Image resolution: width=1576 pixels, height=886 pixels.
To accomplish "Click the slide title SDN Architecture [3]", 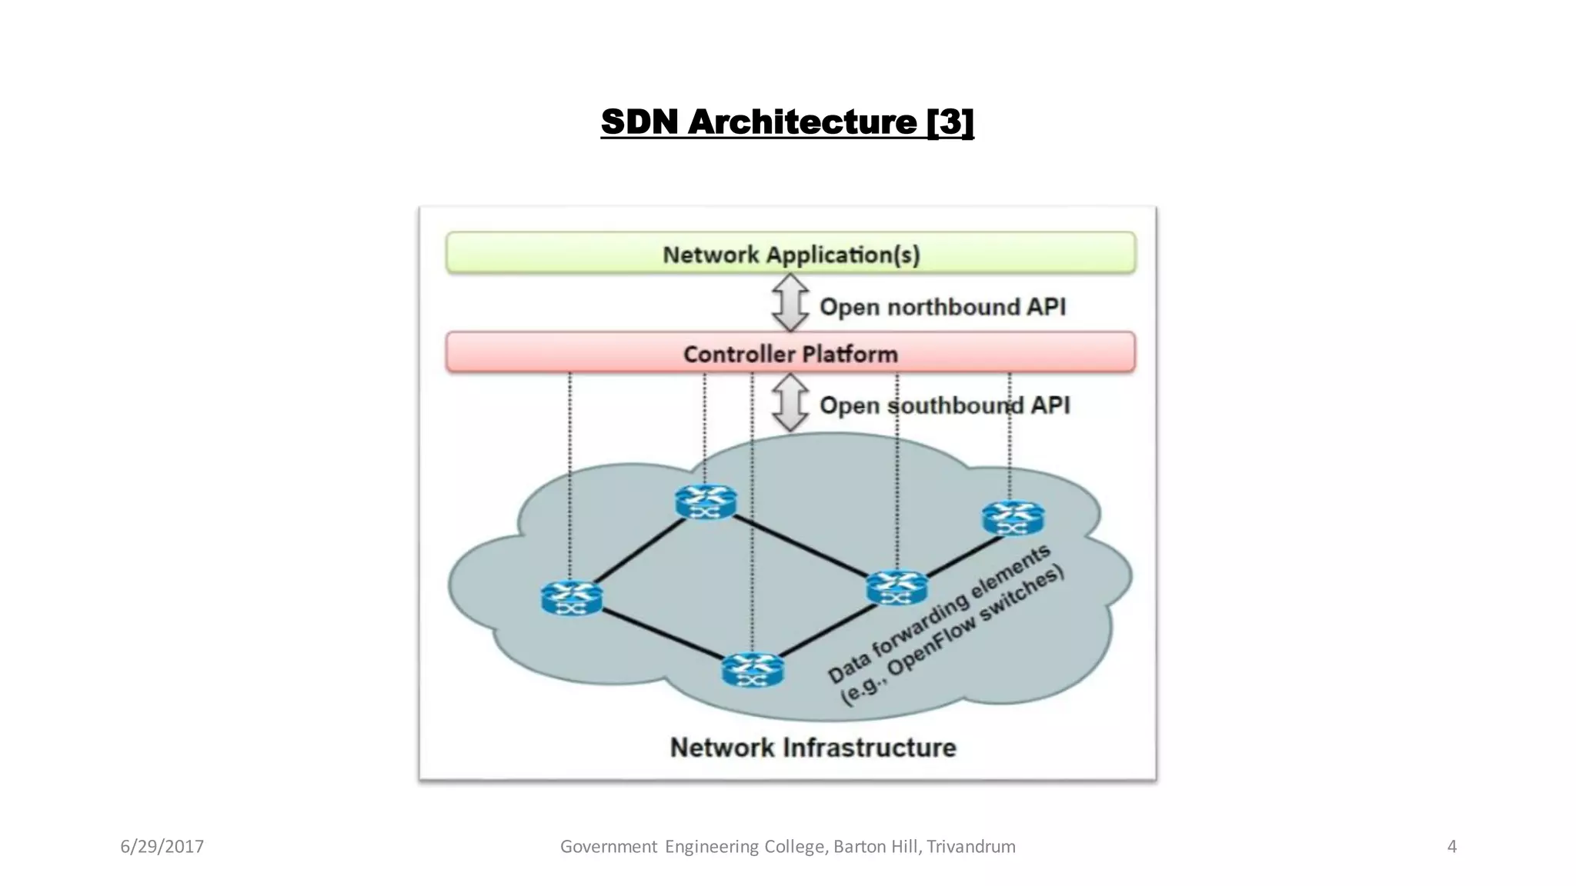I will [x=786, y=122].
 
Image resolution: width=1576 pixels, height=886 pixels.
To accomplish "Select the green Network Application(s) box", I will [x=790, y=253].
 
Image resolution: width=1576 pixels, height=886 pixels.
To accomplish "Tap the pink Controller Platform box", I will [x=790, y=353].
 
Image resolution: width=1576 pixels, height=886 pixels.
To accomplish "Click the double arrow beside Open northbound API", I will [x=790, y=303].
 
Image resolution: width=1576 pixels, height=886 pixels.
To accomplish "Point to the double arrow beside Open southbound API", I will [x=790, y=403].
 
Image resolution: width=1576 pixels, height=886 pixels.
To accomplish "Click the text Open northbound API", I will [x=942, y=307].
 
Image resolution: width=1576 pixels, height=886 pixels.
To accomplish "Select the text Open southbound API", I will [x=944, y=405].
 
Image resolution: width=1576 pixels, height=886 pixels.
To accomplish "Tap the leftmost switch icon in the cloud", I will [x=571, y=598].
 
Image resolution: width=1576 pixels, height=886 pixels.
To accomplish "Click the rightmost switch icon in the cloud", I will [x=1013, y=518].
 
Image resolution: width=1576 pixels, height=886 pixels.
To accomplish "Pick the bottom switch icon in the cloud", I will [x=752, y=670].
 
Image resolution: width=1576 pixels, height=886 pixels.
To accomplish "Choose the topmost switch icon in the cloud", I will [x=705, y=501].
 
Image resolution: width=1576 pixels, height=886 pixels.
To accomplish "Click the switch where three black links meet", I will [x=896, y=588].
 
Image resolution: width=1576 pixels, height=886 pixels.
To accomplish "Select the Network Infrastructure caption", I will [x=813, y=747].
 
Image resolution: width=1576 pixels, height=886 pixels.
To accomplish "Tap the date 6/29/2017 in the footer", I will [x=162, y=847].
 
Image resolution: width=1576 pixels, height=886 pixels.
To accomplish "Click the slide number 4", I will [x=1451, y=847].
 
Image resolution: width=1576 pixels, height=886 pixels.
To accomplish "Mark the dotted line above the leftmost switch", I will [x=569, y=477].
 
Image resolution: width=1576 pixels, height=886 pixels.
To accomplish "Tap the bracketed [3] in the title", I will [x=950, y=122].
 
